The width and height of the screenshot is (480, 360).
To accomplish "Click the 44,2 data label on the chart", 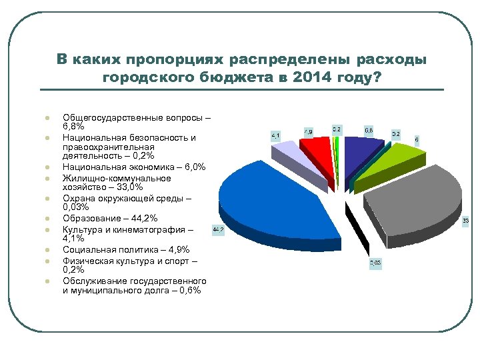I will [218, 231].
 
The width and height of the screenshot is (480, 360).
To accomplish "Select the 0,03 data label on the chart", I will [377, 264].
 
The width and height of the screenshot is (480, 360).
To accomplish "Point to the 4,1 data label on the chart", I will [276, 135].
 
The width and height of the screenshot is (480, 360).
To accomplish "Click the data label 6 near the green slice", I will [417, 140].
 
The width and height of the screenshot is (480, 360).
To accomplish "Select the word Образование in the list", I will [90, 218].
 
